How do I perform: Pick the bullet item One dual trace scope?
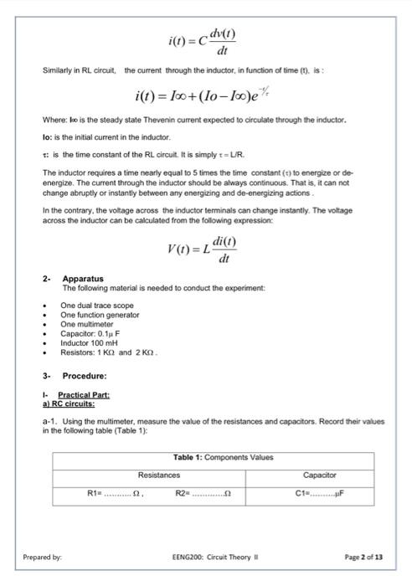(97, 306)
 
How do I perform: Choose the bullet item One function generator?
(100, 315)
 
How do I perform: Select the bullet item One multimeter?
(87, 324)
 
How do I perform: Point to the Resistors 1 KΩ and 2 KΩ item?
(109, 352)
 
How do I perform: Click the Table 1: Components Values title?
(224, 458)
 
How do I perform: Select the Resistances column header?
(159, 475)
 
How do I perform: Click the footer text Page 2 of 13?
(363, 557)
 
